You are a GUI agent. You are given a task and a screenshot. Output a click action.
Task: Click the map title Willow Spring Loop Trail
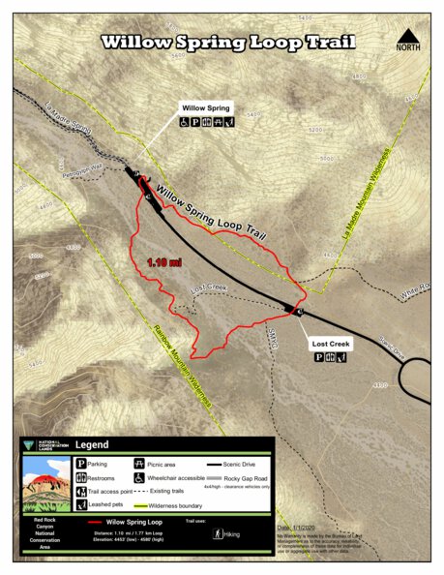[x=228, y=43]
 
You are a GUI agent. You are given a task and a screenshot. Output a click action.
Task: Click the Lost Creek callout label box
[x=331, y=344]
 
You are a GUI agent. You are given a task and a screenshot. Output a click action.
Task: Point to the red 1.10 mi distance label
[x=164, y=261]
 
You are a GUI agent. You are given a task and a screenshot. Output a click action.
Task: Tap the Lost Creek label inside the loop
[x=207, y=288]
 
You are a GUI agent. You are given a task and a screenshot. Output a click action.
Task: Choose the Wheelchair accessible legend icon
[x=140, y=477]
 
